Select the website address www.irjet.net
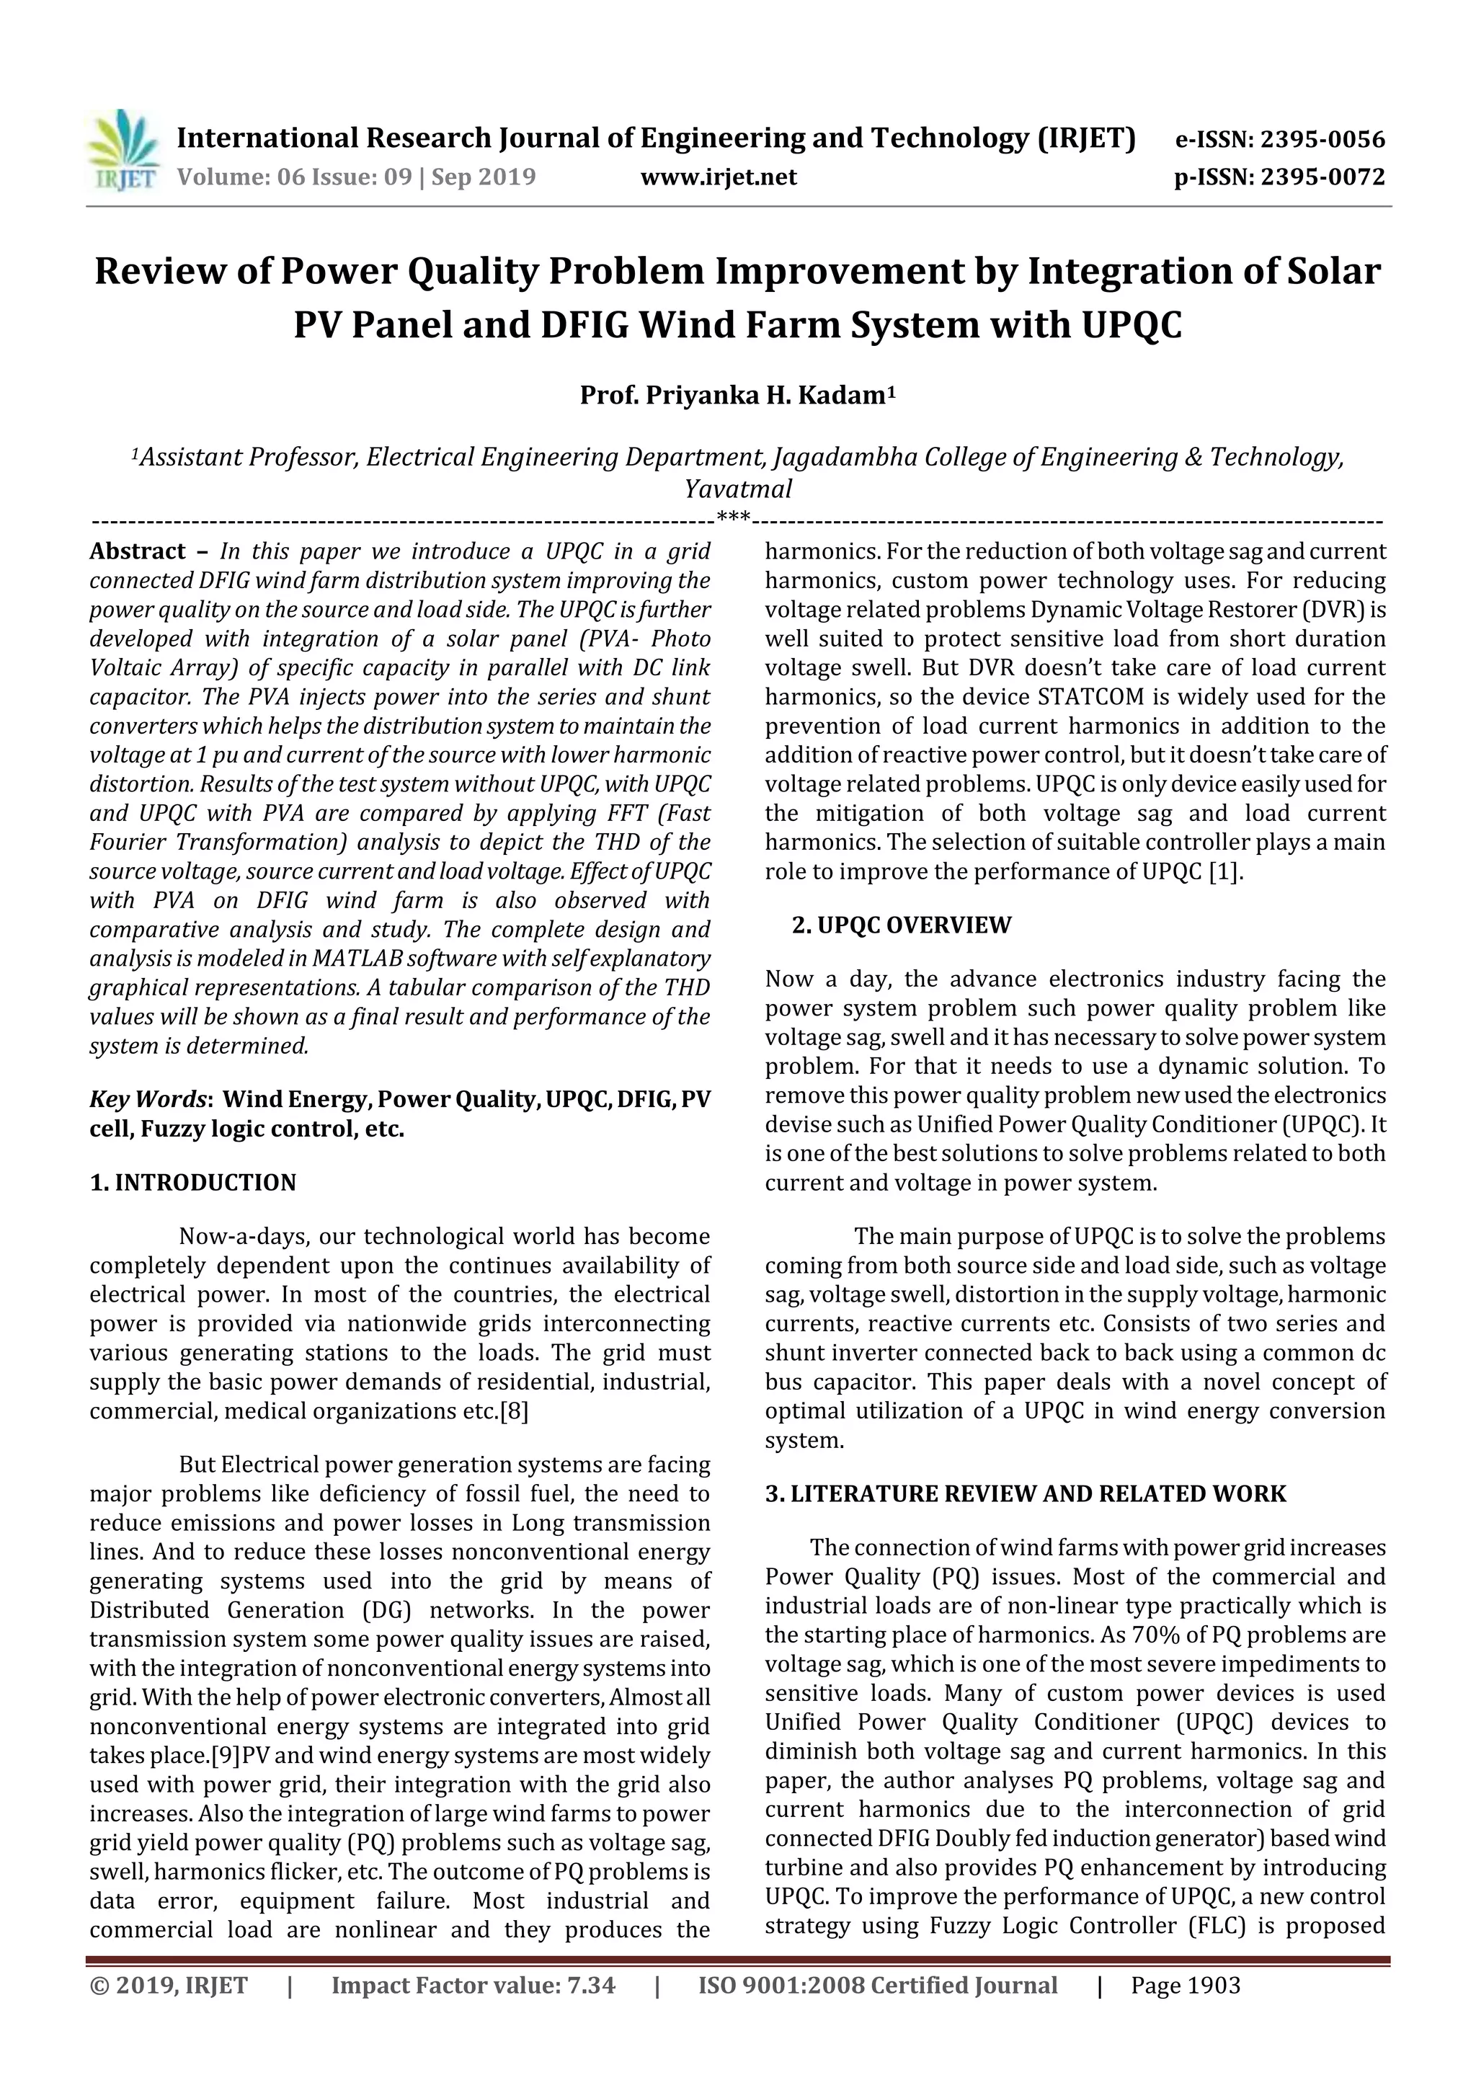tap(719, 177)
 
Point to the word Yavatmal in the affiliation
tap(737, 489)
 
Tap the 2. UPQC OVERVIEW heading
tap(902, 925)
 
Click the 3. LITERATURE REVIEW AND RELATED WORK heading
tap(1026, 1494)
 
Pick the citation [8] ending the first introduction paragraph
tap(515, 1411)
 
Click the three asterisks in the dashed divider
tap(733, 518)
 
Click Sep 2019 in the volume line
tap(484, 177)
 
